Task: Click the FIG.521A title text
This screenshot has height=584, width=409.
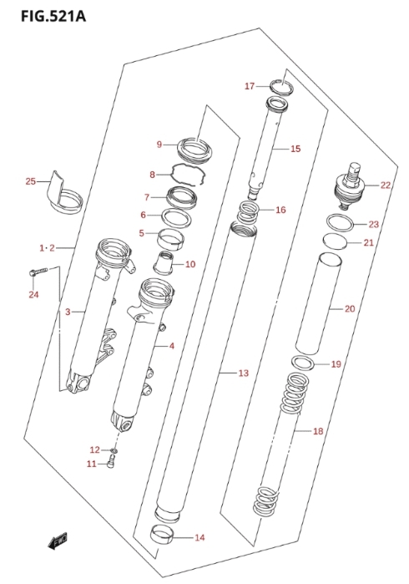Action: [53, 16]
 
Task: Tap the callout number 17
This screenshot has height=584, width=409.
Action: [250, 86]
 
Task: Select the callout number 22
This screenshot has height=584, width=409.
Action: [386, 185]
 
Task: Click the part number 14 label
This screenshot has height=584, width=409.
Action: [199, 537]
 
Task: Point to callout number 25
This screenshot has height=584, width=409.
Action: [31, 181]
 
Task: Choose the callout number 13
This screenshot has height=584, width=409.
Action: [243, 373]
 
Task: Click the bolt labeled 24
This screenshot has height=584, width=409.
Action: [38, 272]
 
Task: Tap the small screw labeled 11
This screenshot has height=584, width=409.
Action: [110, 462]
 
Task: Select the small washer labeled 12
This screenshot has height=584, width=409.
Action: [114, 451]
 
